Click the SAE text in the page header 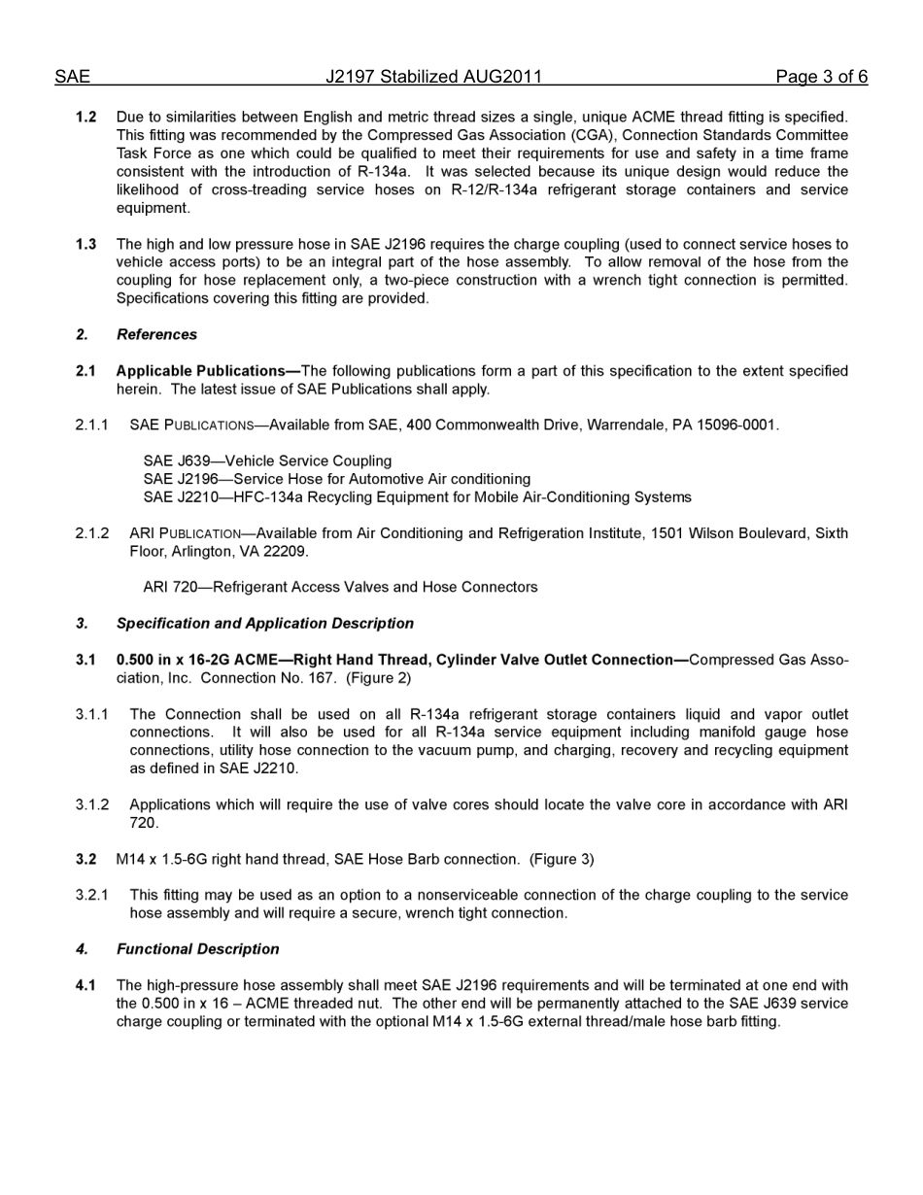pyautogui.click(x=72, y=77)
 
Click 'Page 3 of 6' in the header pyautogui.click(x=821, y=77)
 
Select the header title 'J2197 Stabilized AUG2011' pyautogui.click(x=433, y=77)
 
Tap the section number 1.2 pyautogui.click(x=86, y=118)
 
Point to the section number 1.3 pyautogui.click(x=86, y=245)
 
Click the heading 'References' pyautogui.click(x=156, y=335)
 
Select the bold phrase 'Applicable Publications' pyautogui.click(x=200, y=371)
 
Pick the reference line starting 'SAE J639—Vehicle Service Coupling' pyautogui.click(x=267, y=461)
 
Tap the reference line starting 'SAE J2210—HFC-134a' pyautogui.click(x=417, y=497)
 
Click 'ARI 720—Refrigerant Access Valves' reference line pyautogui.click(x=340, y=588)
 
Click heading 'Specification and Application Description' pyautogui.click(x=264, y=624)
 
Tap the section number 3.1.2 pyautogui.click(x=92, y=805)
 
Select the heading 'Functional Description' pyautogui.click(x=197, y=949)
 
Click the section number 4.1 pyautogui.click(x=86, y=986)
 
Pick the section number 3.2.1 pyautogui.click(x=92, y=896)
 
